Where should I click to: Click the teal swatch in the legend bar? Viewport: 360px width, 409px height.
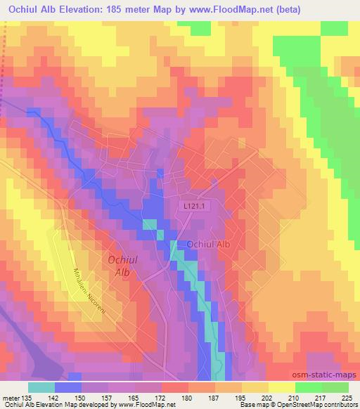click(x=41, y=387)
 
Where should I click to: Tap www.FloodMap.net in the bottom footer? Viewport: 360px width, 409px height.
click(x=147, y=405)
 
